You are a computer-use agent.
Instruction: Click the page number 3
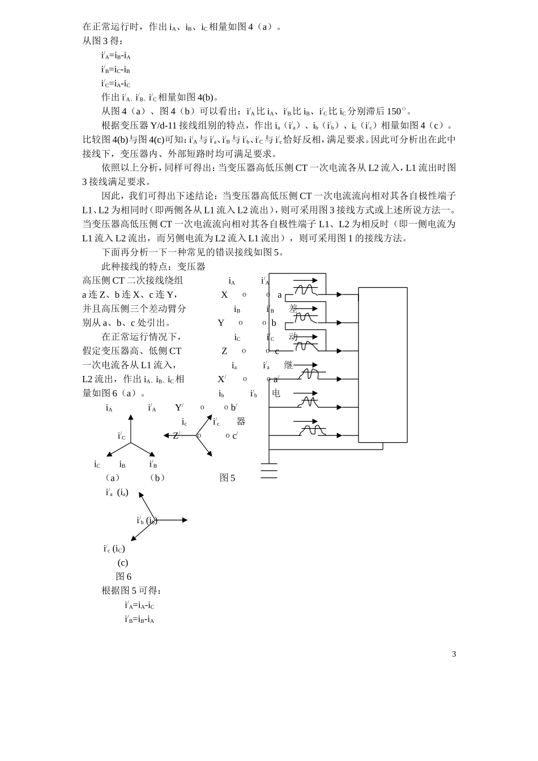point(454,654)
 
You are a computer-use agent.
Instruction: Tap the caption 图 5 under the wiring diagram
point(227,478)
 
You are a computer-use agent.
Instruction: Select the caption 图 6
point(123,576)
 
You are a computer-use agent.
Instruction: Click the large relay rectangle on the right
point(383,365)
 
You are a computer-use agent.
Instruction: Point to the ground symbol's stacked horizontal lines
point(269,470)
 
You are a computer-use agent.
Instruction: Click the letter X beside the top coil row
point(224,295)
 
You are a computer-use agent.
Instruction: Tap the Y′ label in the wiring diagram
point(179,408)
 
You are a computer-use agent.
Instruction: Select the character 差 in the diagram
point(293,309)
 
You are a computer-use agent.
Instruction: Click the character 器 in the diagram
point(241,421)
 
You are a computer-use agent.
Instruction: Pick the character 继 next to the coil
point(288,365)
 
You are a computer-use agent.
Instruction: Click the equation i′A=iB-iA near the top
point(116,55)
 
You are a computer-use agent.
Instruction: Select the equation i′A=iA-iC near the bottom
point(139,605)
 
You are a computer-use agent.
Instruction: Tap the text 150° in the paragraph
point(397,111)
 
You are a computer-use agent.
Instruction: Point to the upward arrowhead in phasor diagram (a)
point(131,418)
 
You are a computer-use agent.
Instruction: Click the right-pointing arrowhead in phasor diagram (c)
point(184,520)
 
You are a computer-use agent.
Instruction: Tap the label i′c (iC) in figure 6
point(114,549)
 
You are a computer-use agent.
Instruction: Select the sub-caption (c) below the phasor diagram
point(123,563)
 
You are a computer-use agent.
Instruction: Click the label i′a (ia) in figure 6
point(117,493)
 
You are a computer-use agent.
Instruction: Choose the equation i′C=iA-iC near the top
point(116,83)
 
